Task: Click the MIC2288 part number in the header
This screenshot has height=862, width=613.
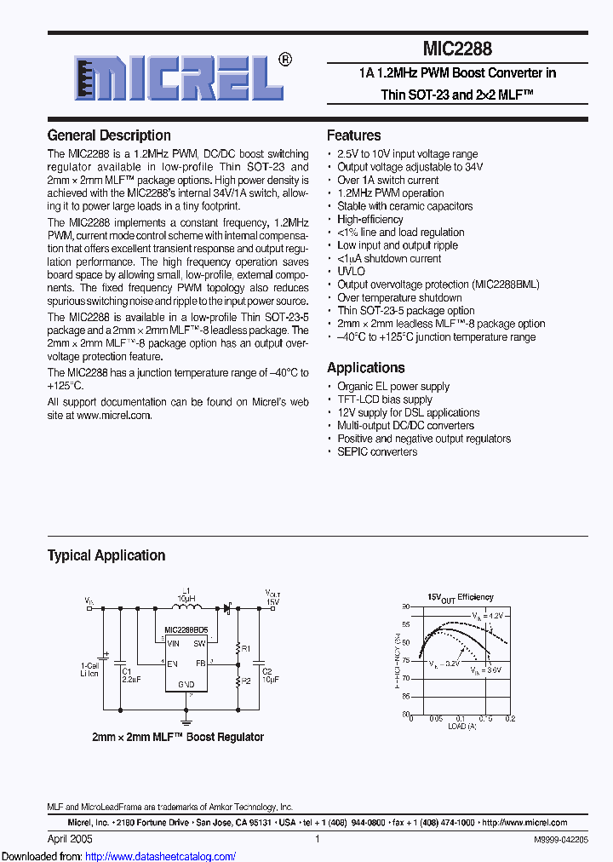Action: click(x=457, y=50)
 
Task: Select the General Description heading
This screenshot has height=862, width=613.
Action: click(x=109, y=135)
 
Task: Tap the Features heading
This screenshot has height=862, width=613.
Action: click(x=354, y=135)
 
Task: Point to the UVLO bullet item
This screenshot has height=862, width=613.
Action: click(x=351, y=272)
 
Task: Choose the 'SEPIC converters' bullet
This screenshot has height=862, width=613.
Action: click(x=377, y=451)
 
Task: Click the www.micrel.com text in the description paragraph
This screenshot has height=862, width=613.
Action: click(x=113, y=415)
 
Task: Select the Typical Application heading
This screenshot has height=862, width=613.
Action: click(x=106, y=555)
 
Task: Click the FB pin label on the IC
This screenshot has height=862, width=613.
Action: click(x=201, y=662)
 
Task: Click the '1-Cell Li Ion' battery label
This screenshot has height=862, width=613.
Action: click(x=90, y=669)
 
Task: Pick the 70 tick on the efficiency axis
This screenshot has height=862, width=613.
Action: click(x=406, y=678)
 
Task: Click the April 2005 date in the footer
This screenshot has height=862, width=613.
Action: click(x=70, y=839)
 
